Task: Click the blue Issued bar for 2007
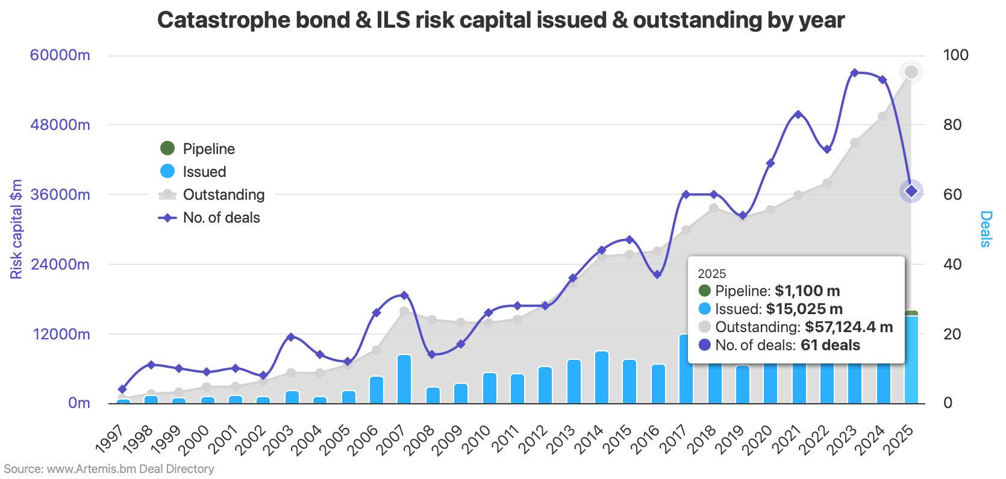(x=404, y=379)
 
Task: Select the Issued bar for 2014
(x=601, y=377)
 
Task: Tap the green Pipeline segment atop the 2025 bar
(x=911, y=313)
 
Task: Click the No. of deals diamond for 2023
(x=854, y=73)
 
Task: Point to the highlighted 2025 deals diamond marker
(x=911, y=191)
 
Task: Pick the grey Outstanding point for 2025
(x=911, y=72)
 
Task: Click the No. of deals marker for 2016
(x=657, y=274)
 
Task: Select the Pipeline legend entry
(x=208, y=149)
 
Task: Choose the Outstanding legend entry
(x=223, y=194)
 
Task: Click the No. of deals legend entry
(x=220, y=217)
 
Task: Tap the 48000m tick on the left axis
(x=60, y=125)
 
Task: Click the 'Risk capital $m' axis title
(x=16, y=229)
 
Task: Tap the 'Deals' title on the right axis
(x=986, y=229)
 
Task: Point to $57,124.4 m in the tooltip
(x=848, y=327)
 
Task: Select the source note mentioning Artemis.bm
(x=109, y=469)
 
